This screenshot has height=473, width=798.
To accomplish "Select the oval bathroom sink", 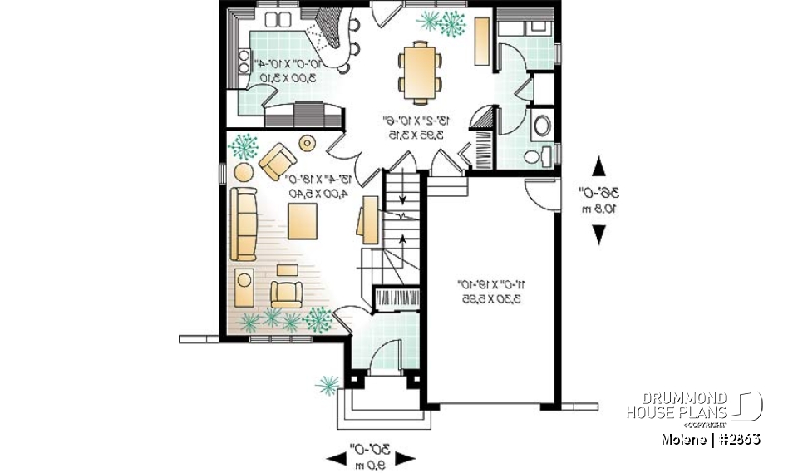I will tap(541, 126).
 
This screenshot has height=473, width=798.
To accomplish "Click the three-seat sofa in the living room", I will tap(244, 223).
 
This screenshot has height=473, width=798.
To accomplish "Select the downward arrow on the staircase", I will tap(403, 198).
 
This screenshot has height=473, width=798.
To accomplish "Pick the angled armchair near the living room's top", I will tap(278, 161).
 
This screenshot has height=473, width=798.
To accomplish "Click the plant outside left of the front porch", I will tap(328, 384).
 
